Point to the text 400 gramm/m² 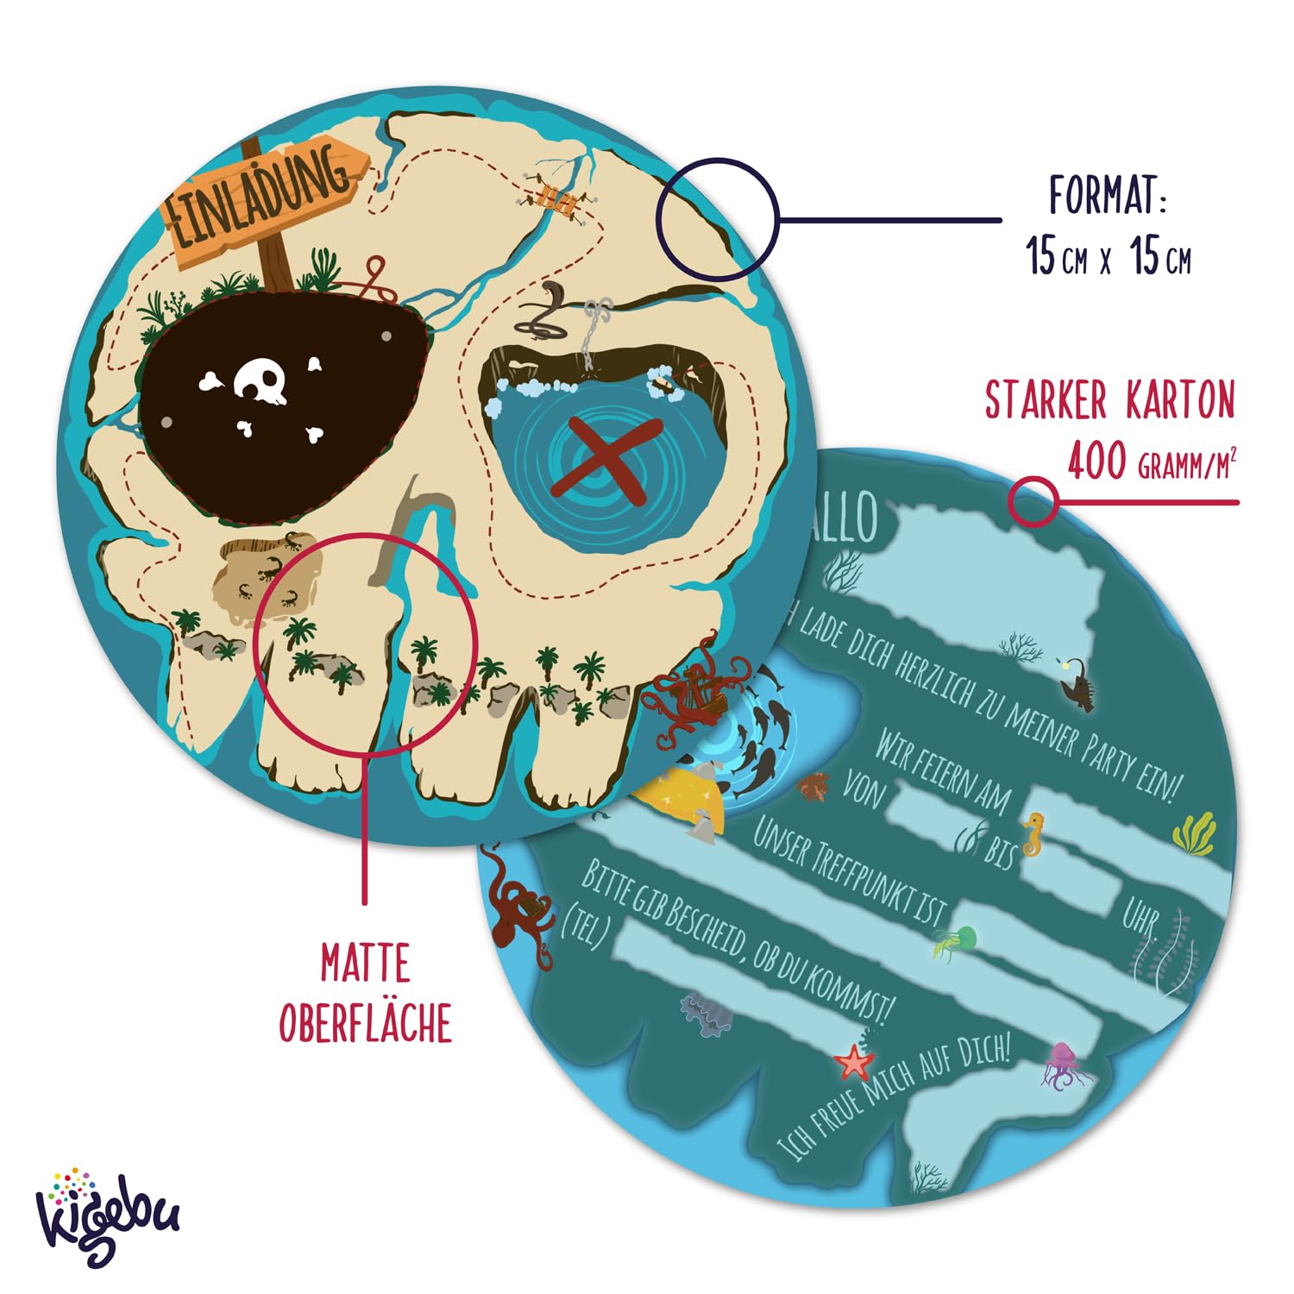point(1151,463)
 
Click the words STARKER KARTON point(1109,400)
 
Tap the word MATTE point(365,964)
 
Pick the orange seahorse point(1032,832)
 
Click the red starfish point(853,1061)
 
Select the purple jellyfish point(1063,1066)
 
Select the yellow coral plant point(1194,833)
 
